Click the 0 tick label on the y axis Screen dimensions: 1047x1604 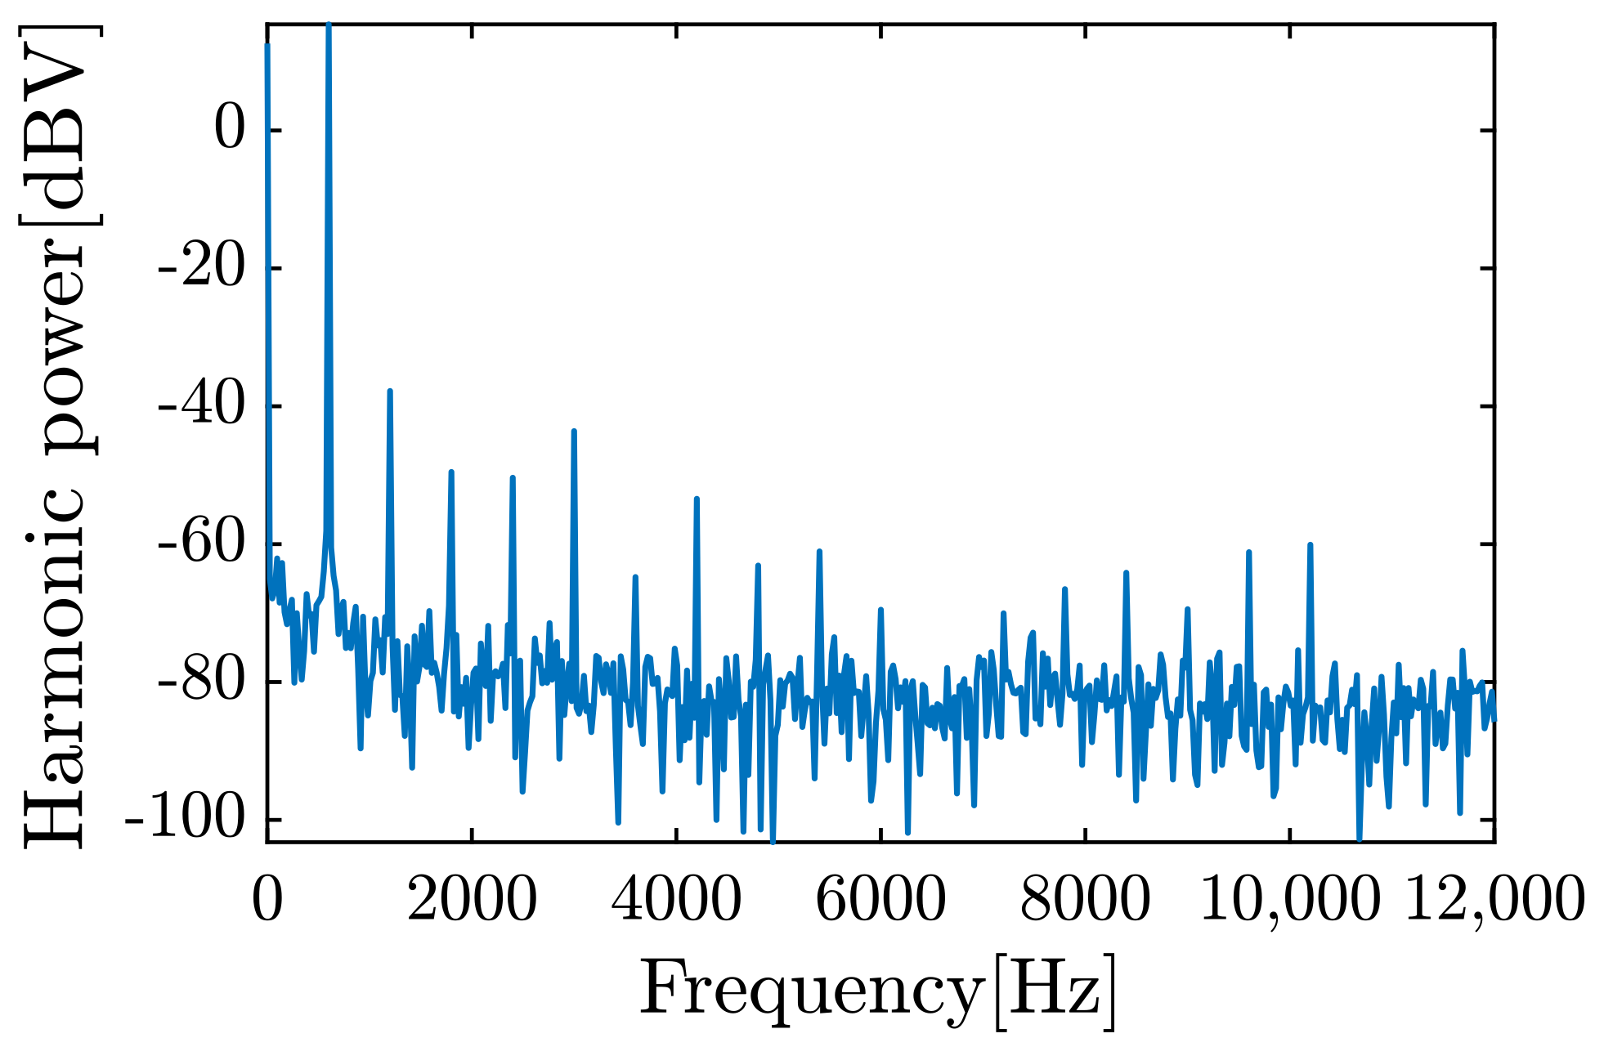pos(229,131)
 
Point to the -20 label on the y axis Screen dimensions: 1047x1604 pos(201,269)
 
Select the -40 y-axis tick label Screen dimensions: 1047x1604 pos(201,407)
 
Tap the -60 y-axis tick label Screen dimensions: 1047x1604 pos(201,545)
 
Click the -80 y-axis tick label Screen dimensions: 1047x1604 pos(201,682)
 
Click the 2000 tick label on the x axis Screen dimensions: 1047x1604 pos(472,900)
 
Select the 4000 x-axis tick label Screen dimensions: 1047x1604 pos(676,900)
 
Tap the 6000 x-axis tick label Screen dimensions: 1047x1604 pos(880,900)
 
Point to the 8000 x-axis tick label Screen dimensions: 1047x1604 pos(1085,900)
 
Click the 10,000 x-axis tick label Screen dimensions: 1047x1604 pos(1289,900)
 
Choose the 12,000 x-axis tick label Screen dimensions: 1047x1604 pos(1494,900)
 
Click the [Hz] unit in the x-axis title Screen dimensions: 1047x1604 pos(1055,991)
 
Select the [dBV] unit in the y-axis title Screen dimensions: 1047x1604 pos(55,123)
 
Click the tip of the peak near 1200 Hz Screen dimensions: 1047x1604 pos(390,392)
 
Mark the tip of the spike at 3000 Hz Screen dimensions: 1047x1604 pos(574,431)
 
